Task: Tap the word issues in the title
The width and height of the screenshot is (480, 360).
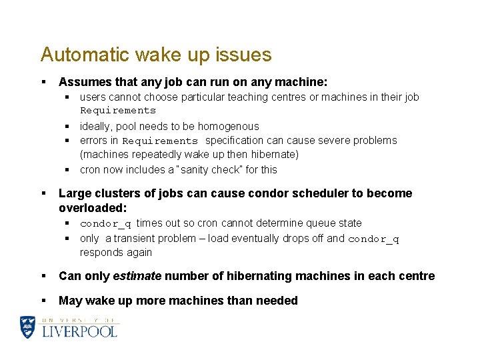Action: click(x=245, y=55)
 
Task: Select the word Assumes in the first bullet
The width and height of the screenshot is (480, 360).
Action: click(x=83, y=82)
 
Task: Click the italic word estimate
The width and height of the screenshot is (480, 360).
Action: click(x=136, y=276)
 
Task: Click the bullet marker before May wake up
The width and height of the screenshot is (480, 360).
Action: click(x=43, y=301)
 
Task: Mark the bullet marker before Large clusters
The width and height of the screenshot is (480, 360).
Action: click(x=43, y=193)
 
